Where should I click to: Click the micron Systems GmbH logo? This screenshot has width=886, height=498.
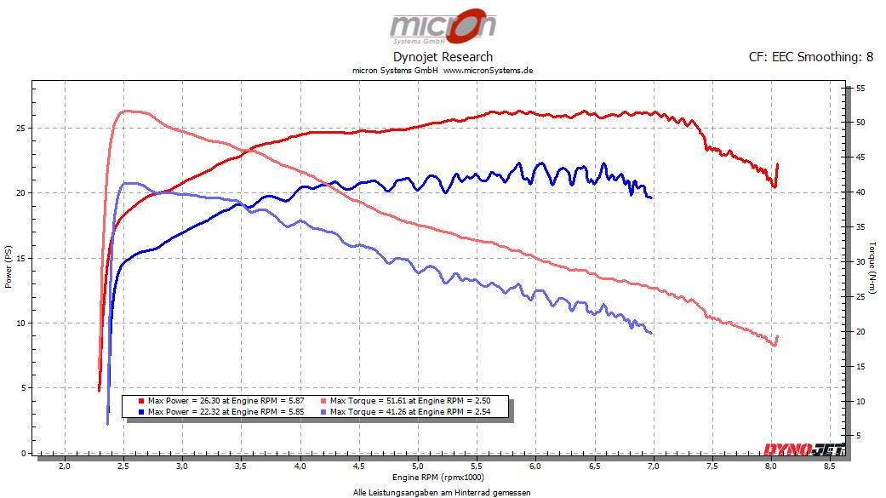click(443, 27)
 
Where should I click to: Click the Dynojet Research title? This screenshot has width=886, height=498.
click(443, 57)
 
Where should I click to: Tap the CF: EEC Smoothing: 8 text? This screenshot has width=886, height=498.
click(811, 57)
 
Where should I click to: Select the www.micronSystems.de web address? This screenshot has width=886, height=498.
click(488, 71)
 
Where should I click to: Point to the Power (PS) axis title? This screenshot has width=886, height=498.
click(9, 267)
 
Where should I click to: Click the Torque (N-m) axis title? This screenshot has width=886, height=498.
click(872, 267)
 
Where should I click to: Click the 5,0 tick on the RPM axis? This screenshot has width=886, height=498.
click(418, 467)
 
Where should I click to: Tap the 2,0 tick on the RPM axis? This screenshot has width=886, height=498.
click(65, 467)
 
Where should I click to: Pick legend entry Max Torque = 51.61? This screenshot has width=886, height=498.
click(409, 400)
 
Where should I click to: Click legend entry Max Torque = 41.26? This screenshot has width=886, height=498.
click(409, 411)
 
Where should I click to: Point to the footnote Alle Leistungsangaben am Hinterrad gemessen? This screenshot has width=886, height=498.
click(442, 492)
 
